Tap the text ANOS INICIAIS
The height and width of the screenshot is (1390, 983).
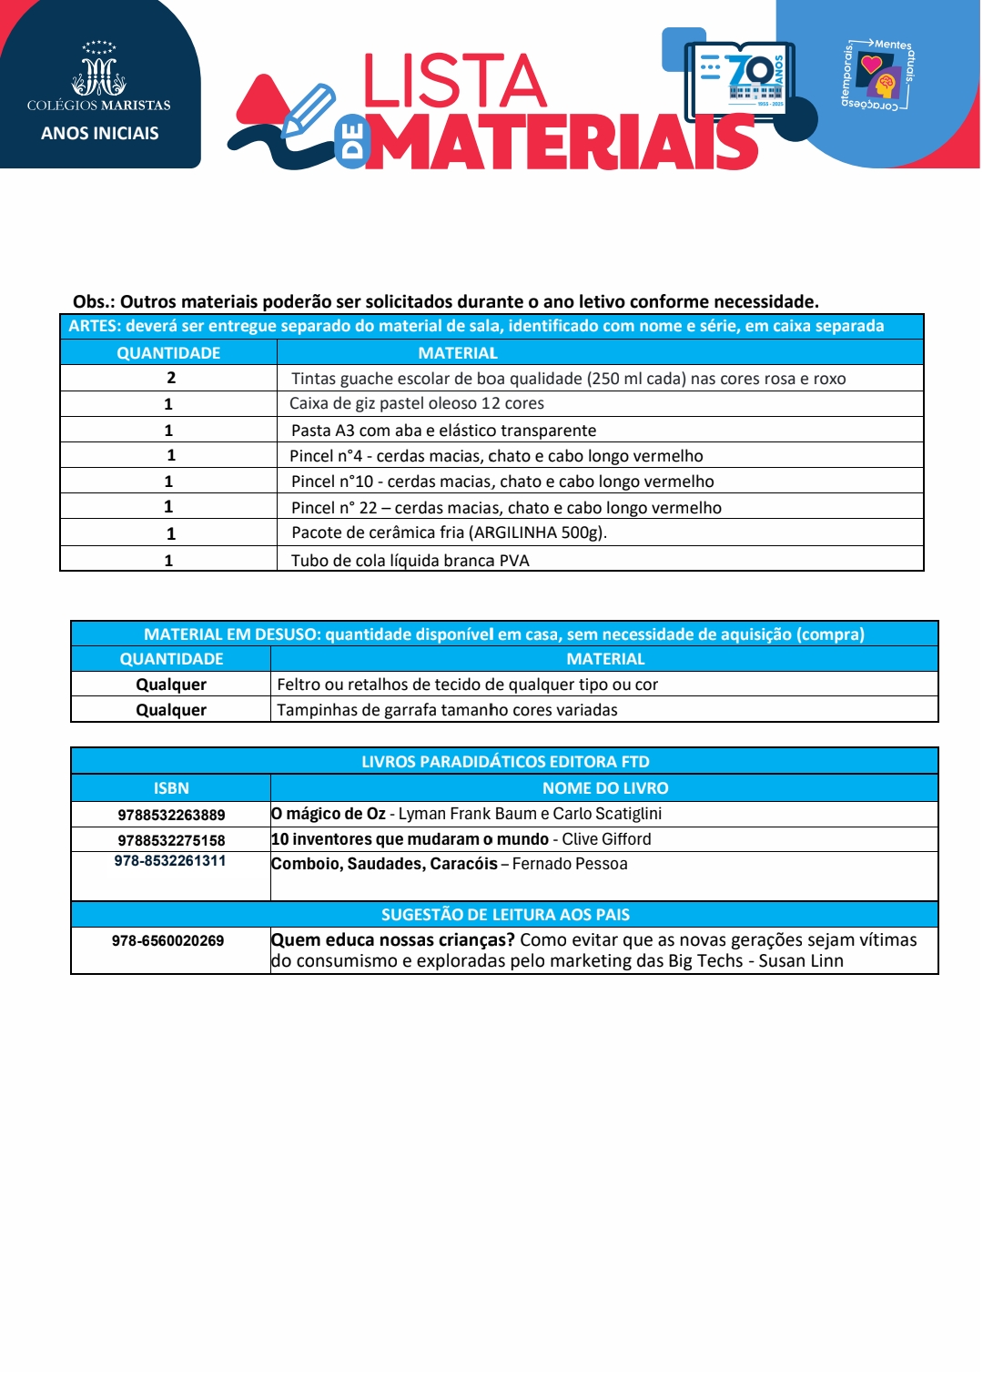click(x=100, y=133)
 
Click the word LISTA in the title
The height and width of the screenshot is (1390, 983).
click(x=454, y=81)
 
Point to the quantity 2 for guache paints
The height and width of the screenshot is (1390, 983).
click(x=170, y=378)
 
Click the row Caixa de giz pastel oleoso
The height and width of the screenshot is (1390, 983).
click(x=417, y=403)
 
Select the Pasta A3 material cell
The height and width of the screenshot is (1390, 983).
click(x=443, y=430)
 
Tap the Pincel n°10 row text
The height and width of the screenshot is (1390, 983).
click(x=502, y=482)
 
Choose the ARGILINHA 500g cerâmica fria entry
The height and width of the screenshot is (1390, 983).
click(x=449, y=533)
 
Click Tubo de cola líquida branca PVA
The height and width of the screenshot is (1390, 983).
click(x=410, y=560)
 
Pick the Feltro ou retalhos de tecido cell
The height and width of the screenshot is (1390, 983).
click(x=467, y=685)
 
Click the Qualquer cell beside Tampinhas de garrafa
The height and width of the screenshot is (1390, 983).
click(x=171, y=710)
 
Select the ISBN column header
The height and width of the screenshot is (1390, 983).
click(x=171, y=788)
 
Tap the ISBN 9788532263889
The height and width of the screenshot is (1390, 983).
click(x=171, y=815)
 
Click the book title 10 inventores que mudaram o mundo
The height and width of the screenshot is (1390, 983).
click(x=410, y=839)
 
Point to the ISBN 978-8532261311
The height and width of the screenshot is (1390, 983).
click(x=170, y=861)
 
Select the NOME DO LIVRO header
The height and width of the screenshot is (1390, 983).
click(x=605, y=788)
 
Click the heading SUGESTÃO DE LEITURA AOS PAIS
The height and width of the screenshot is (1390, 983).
click(x=505, y=915)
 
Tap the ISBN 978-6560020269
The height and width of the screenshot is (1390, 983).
click(x=168, y=940)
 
